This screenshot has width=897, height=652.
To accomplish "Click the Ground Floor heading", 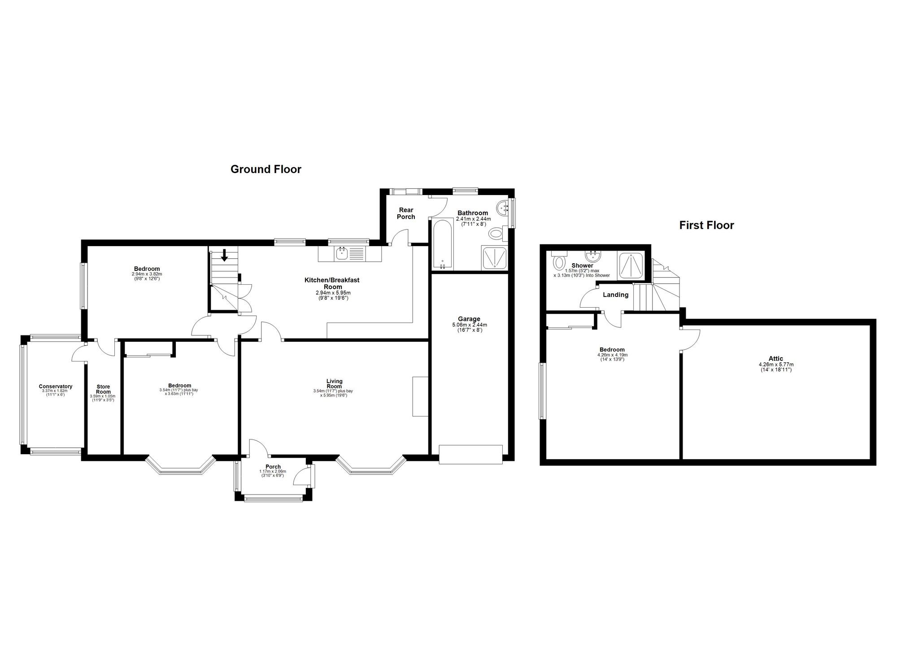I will click(266, 170).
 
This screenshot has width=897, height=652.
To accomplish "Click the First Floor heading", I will click(706, 225).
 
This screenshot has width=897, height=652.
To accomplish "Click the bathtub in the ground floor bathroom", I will click(443, 244).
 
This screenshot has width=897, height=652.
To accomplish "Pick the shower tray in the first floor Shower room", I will click(631, 266).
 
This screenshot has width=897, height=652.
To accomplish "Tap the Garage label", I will click(469, 319).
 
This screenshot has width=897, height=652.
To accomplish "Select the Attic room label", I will click(776, 358).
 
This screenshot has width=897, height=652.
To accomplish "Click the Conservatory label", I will click(56, 387).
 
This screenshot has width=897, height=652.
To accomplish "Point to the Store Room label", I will click(103, 389).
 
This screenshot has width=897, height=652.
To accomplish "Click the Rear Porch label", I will click(406, 213).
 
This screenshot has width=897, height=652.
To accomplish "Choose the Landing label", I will click(615, 295).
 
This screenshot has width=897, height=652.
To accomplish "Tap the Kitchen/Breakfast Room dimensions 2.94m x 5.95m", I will click(333, 293).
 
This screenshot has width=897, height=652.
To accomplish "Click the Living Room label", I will click(334, 383).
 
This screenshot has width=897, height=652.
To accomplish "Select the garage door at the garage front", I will click(470, 454).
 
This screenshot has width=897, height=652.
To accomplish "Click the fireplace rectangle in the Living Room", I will click(420, 396).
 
